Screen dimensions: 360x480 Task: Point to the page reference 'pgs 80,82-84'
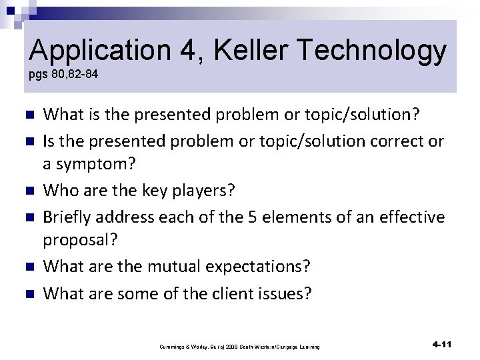tap(63, 74)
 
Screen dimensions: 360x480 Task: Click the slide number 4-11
tap(442, 345)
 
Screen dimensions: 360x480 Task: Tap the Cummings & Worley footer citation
tap(239, 347)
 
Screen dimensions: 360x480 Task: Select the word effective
tap(407, 217)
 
